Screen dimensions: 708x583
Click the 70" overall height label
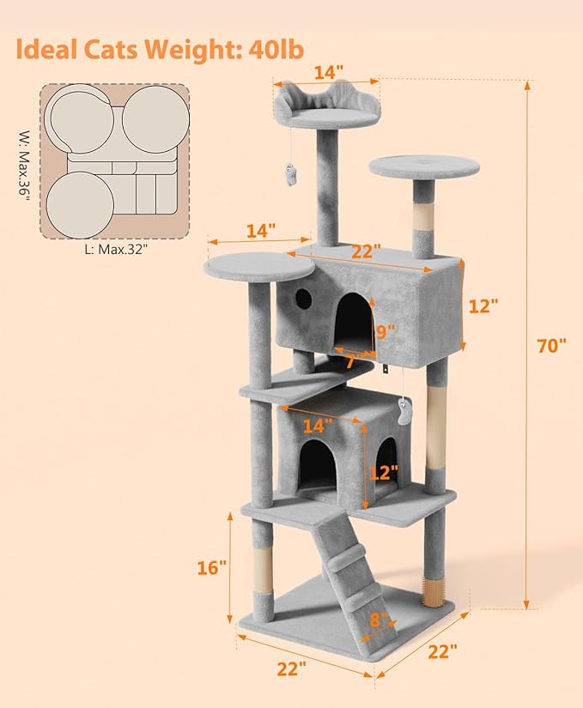pos(551,346)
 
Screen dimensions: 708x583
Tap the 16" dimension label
pos(211,567)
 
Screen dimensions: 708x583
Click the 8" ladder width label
pos(379,618)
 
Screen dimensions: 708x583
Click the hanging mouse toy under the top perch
pos(292,175)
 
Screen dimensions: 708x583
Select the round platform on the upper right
pos(424,166)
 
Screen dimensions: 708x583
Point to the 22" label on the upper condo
pos(366,251)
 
